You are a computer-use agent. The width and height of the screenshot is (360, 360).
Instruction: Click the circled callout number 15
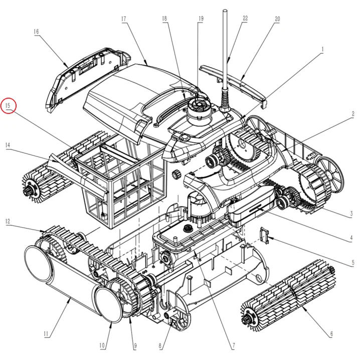pyautogui.click(x=9, y=106)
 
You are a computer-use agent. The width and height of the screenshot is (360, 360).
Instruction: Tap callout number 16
pyautogui.click(x=36, y=31)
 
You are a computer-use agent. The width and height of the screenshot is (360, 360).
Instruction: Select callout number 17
pyautogui.click(x=123, y=19)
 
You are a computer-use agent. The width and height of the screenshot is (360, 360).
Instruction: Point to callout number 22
pyautogui.click(x=245, y=19)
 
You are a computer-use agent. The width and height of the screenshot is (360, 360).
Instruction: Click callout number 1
pyautogui.click(x=323, y=50)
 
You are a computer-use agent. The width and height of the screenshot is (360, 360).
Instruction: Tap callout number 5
pyautogui.click(x=352, y=262)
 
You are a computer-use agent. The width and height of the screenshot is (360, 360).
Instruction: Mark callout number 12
pyautogui.click(x=8, y=221)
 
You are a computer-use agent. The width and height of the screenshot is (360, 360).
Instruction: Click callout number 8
pyautogui.click(x=160, y=345)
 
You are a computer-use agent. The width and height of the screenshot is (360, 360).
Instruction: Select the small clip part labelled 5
pyautogui.click(x=267, y=234)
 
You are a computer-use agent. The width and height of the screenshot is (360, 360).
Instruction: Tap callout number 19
pyautogui.click(x=200, y=19)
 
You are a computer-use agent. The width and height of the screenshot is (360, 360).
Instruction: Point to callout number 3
pyautogui.click(x=353, y=213)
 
